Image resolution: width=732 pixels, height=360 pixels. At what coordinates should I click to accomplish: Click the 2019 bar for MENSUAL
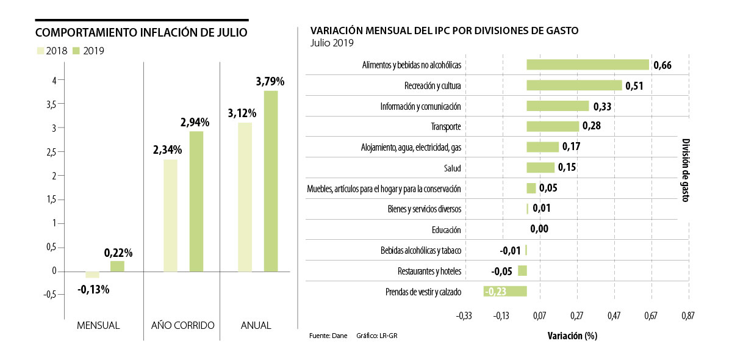pyautogui.click(x=117, y=266)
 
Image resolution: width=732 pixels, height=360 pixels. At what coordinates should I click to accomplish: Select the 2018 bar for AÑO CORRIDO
pyautogui.click(x=170, y=215)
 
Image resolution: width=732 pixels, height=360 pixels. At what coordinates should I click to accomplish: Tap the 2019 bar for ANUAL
pyautogui.click(x=271, y=181)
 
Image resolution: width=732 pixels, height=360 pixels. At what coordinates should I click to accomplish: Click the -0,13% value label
pyautogui.click(x=94, y=289)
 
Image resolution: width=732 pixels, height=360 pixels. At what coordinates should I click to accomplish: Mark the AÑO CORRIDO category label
pyautogui.click(x=183, y=326)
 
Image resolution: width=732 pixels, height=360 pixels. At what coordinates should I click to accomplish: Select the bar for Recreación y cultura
pyautogui.click(x=574, y=85)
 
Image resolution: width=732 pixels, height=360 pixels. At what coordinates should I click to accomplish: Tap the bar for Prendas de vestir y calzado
pyautogui.click(x=505, y=291)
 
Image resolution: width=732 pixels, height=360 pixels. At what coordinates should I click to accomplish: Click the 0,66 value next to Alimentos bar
pyautogui.click(x=662, y=65)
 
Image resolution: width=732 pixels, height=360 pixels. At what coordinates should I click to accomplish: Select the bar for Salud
pyautogui.click(x=540, y=168)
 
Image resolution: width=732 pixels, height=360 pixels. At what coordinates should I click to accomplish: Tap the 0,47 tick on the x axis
pyautogui.click(x=614, y=316)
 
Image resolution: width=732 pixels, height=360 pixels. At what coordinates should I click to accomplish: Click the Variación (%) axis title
pyautogui.click(x=572, y=336)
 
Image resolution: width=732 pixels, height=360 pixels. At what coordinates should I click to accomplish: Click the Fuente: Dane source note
pyautogui.click(x=328, y=336)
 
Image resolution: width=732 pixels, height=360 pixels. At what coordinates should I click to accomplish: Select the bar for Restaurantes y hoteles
pyautogui.click(x=522, y=271)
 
